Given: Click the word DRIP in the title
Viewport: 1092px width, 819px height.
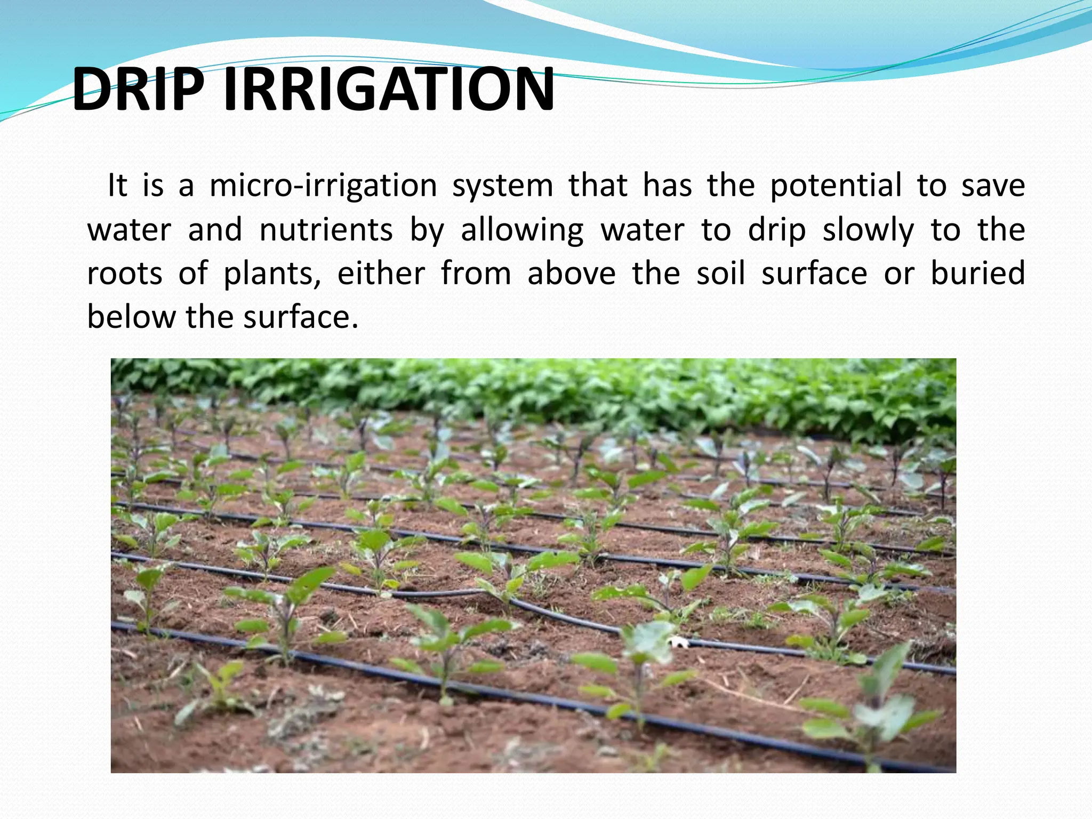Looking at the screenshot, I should tap(138, 89).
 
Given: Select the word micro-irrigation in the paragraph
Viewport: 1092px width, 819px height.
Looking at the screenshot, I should tap(323, 186).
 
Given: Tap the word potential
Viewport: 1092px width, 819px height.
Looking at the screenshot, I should tap(836, 186).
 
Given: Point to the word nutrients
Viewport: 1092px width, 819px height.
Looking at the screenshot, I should tap(326, 230).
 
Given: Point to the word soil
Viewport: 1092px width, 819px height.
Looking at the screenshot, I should tap(720, 274).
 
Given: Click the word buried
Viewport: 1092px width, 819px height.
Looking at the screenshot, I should tap(977, 274).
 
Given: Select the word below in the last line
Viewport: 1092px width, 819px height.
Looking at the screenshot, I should tap(131, 317).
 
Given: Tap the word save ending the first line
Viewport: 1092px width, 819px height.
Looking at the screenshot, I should tap(992, 186).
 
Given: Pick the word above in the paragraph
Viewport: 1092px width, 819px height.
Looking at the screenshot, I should tap(571, 274).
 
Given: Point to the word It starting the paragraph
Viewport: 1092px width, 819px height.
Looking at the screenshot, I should tap(117, 186).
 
